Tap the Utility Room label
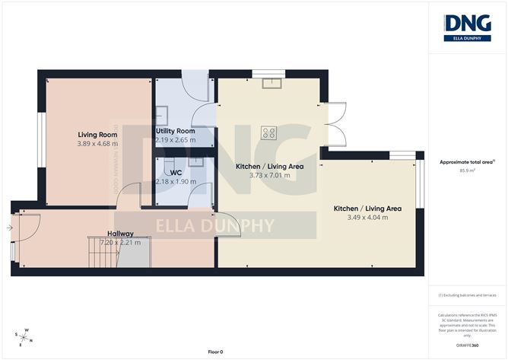point(176,131)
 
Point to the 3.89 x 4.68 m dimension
point(96,143)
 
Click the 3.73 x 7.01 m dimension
point(264,175)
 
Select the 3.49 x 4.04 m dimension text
point(367,217)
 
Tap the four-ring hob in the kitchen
point(268,132)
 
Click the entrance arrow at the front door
point(9,227)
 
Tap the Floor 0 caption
point(215,352)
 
